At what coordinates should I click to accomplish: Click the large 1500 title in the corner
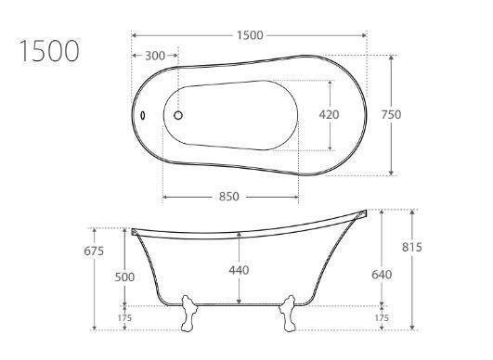point(49,51)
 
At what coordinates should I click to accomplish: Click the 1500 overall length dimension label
point(250,35)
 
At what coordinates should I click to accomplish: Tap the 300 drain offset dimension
point(155,56)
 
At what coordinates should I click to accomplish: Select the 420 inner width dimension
point(330,115)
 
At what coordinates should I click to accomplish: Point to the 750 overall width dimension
point(391,115)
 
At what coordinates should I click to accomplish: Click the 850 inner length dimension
point(229,197)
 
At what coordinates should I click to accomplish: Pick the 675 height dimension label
point(94,251)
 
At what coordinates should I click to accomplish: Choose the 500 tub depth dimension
point(124,277)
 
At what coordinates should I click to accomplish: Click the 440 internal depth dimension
point(239,270)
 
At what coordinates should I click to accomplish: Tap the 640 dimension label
point(382,275)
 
